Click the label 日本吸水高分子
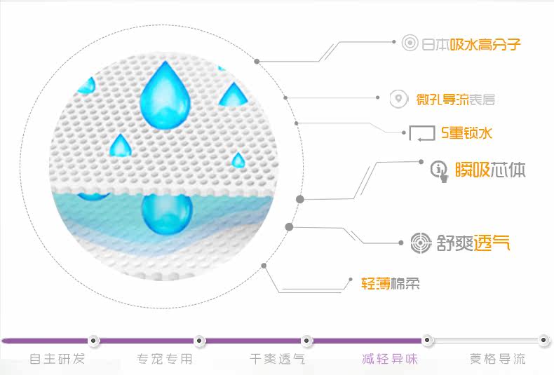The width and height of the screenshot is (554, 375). (471, 45)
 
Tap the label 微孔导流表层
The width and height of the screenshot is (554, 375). (455, 100)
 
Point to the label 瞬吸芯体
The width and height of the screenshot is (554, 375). (489, 170)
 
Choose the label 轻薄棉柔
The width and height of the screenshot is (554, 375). (391, 282)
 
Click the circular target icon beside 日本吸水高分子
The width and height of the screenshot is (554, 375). (410, 44)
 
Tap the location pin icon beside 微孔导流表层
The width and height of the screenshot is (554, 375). (398, 100)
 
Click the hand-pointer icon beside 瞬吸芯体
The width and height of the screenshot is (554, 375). (440, 170)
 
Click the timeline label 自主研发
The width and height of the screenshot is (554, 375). (57, 360)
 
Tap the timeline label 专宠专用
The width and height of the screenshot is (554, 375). (165, 360)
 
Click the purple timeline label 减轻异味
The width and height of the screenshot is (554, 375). (389, 360)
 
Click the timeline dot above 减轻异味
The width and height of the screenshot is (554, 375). (426, 341)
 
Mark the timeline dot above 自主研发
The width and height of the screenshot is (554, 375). (94, 341)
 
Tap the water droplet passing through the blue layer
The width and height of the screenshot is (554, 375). (166, 212)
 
